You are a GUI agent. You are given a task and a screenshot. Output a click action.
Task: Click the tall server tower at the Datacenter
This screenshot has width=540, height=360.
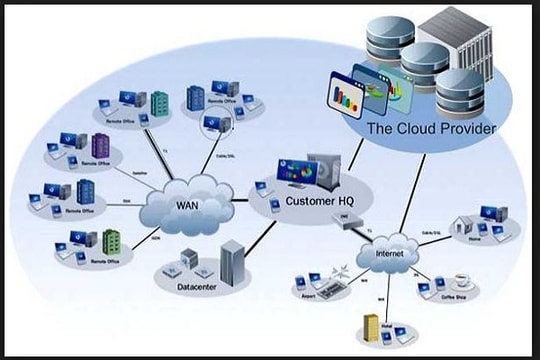231,262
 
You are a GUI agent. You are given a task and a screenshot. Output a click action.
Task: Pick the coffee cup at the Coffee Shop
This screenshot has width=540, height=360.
460,281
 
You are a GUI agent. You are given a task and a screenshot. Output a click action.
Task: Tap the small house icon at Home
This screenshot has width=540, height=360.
463,226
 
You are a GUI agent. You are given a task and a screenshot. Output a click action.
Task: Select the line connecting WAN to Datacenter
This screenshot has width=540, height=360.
186,241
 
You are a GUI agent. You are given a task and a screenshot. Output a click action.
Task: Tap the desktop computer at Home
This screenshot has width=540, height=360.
488,216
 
